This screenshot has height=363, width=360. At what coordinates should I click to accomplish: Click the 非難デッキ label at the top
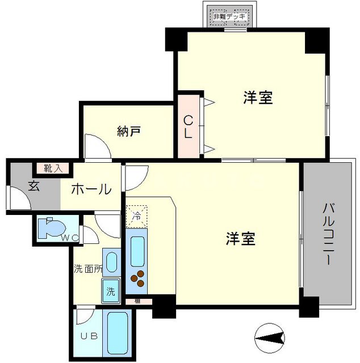point(229,16)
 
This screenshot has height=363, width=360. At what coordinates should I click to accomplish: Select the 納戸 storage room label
point(129,132)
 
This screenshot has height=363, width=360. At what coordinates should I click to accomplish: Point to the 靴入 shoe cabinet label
point(54,168)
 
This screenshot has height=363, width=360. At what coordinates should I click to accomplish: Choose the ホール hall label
point(91,189)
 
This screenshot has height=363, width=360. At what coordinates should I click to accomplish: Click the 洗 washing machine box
point(111,293)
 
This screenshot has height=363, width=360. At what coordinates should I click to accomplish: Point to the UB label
point(90,336)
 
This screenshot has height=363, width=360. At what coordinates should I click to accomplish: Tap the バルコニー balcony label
point(328,233)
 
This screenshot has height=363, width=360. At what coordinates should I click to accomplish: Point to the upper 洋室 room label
point(258,98)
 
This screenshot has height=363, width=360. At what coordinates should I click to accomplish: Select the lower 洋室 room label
point(240,238)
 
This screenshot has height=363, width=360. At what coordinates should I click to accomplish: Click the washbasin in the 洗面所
point(111,263)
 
